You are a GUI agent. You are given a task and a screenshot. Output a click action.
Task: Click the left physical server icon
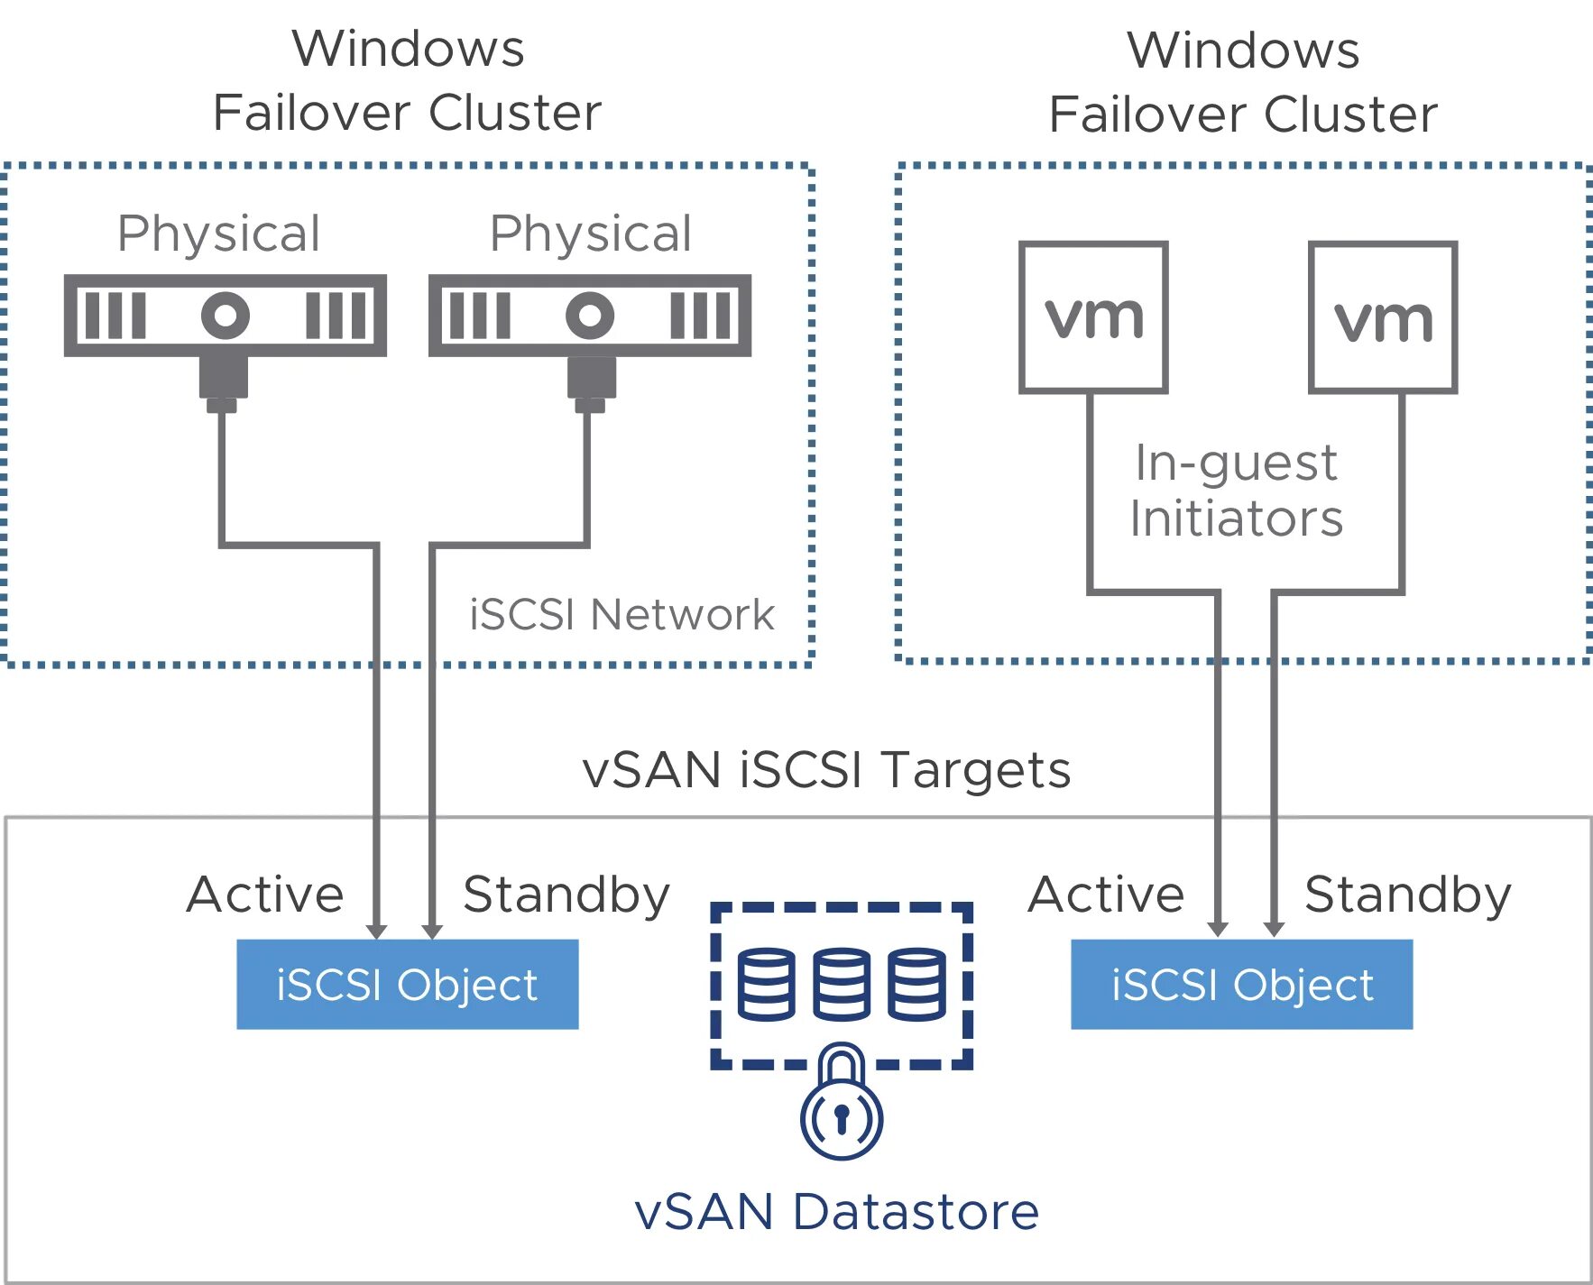point(226,316)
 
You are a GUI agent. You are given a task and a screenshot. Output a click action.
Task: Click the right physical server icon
point(590,316)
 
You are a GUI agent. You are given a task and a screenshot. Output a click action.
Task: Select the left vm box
point(1093,317)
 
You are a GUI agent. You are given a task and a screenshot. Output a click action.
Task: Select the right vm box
point(1383,317)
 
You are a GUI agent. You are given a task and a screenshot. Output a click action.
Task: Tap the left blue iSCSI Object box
point(407,984)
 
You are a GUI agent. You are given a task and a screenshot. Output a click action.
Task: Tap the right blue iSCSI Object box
point(1241,984)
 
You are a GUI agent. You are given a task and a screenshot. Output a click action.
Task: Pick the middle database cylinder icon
point(842,984)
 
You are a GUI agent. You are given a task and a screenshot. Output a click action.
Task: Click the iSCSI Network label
point(622,615)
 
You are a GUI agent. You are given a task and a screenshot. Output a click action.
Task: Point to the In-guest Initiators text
point(1237,491)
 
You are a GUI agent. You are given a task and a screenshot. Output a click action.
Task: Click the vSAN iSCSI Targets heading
point(826,770)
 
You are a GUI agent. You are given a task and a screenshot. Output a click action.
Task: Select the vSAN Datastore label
point(837,1211)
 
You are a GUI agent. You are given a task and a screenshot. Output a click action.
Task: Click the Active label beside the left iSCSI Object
point(265,895)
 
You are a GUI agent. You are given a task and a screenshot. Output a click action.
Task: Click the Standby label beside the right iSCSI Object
point(1407,895)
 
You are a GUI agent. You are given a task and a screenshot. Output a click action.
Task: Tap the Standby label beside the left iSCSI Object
point(566,895)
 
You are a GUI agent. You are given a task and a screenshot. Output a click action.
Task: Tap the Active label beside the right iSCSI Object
point(1106,895)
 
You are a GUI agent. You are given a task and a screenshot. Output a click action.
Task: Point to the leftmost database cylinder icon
point(767,984)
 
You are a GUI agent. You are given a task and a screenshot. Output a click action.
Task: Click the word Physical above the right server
point(590,234)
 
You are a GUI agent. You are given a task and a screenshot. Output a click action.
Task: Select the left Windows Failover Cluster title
point(408,81)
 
